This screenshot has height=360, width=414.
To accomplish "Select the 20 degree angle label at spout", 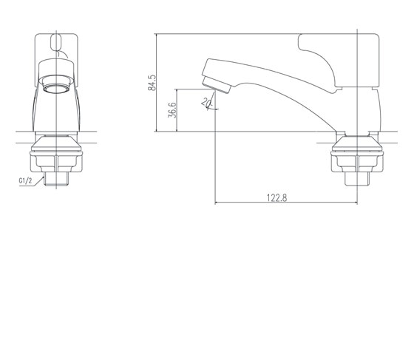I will (206, 103).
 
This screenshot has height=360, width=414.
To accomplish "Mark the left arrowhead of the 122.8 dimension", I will (217, 203).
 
